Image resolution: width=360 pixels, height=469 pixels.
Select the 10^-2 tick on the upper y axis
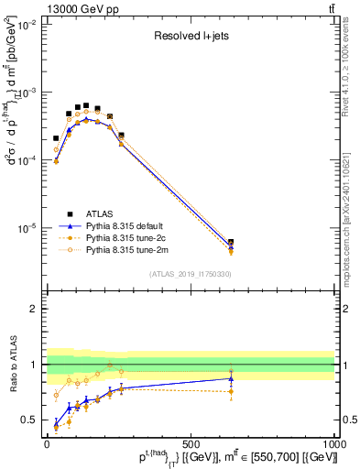27,26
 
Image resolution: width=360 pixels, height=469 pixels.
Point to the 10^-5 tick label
27,227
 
